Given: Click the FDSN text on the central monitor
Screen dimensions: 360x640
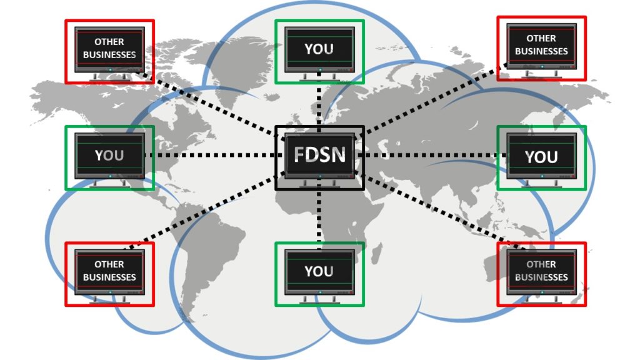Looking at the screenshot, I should pos(319,153).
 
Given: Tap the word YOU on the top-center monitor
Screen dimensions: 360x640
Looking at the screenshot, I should pos(319,49).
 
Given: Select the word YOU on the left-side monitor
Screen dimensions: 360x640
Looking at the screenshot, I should pos(109,155).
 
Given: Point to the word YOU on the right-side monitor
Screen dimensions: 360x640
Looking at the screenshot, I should pos(541,157).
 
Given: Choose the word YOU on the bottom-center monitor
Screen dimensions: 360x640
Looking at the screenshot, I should pos(319,271).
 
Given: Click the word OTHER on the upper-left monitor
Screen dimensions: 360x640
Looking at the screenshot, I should pos(109,42).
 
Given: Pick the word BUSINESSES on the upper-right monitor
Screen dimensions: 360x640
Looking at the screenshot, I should pos(541,51).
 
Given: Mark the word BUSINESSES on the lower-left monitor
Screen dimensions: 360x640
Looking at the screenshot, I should pos(109,277).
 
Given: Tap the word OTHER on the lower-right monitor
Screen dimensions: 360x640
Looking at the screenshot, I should pos(541,264).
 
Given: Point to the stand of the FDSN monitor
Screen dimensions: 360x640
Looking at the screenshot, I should pos(319,183).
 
